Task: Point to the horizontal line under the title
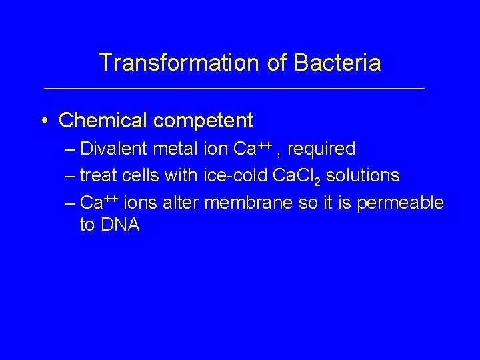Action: (x=233, y=88)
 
